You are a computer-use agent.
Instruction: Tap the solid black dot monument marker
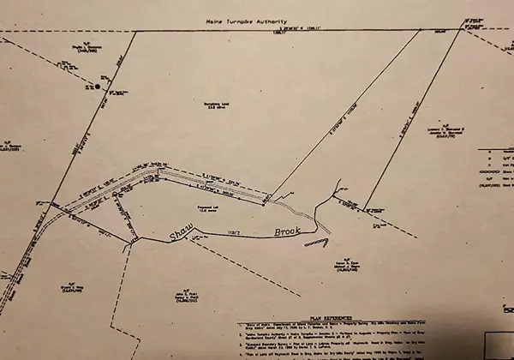(99, 87)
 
